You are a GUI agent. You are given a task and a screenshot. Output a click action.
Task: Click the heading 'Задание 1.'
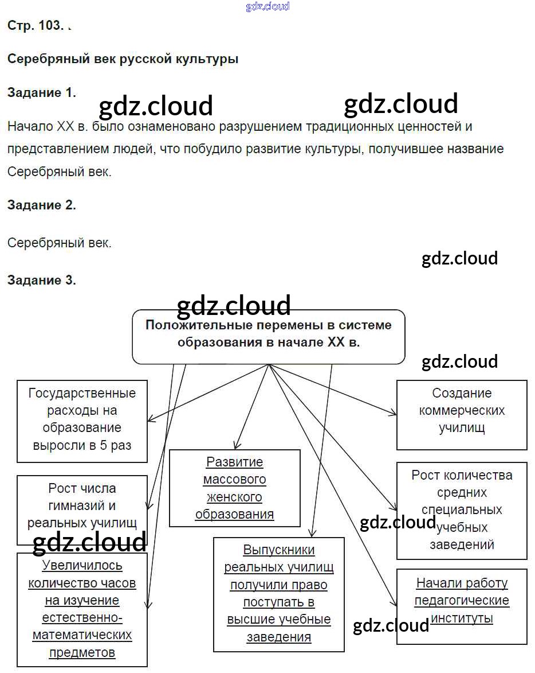pyautogui.click(x=41, y=93)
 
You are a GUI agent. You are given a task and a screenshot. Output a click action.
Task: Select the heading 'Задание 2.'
pyautogui.click(x=41, y=205)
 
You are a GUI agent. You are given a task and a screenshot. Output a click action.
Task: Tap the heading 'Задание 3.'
pyautogui.click(x=41, y=280)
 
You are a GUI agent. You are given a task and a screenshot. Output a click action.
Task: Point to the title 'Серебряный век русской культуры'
pyautogui.click(x=123, y=59)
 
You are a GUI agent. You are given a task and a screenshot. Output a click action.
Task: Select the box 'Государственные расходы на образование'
pyautogui.click(x=82, y=420)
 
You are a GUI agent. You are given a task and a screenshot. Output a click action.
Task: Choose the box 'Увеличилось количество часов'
pyautogui.click(x=82, y=609)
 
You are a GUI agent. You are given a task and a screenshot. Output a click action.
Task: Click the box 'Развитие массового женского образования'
pyautogui.click(x=234, y=488)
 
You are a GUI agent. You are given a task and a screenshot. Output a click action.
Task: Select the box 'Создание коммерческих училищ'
pyautogui.click(x=462, y=414)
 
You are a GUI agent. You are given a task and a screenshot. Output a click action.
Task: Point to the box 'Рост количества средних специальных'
pyautogui.click(x=462, y=510)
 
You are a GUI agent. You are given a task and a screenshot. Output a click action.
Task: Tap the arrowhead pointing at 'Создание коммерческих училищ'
pyautogui.click(x=394, y=413)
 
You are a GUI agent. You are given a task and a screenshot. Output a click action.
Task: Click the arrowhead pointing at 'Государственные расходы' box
pyautogui.click(x=150, y=419)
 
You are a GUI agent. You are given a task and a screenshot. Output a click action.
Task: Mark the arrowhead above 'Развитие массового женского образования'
pyautogui.click(x=235, y=446)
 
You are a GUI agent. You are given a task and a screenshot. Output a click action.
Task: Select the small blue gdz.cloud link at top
pyautogui.click(x=267, y=6)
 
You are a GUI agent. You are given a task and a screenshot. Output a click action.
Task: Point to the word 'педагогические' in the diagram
pyautogui.click(x=462, y=601)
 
